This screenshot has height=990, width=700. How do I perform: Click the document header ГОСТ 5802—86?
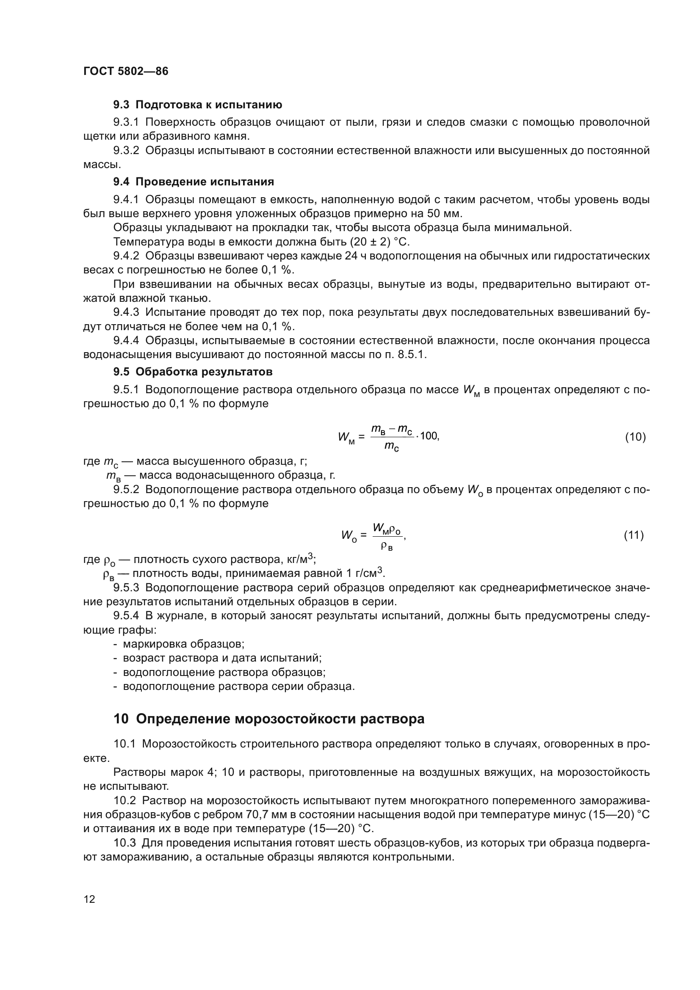coord(125,71)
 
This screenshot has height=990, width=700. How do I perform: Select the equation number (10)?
coord(635,437)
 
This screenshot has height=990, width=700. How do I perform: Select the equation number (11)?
coord(634,535)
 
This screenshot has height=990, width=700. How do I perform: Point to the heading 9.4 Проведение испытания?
coord(194,182)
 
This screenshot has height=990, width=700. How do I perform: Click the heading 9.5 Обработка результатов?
coord(193,372)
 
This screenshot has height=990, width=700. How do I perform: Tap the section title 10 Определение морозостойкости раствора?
coord(269,719)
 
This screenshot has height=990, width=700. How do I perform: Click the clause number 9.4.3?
coord(126,312)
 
